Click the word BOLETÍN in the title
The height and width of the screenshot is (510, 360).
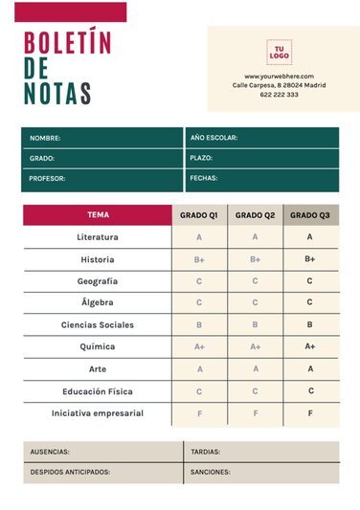pos(67,43)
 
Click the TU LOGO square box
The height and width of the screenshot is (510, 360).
pos(280,52)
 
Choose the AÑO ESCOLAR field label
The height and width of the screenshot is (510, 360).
pos(214,138)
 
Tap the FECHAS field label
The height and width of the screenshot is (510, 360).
pos(204,178)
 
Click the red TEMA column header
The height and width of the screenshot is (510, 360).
pos(98,215)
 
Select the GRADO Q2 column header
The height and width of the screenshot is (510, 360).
pos(256,215)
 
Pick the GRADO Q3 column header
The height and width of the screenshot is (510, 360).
pos(310,215)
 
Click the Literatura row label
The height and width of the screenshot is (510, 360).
pos(98,237)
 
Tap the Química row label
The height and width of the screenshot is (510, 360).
pos(98,347)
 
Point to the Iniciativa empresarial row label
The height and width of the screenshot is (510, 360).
pos(98,413)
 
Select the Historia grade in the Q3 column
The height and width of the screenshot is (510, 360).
pos(310,259)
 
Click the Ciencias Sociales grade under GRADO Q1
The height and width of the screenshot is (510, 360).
pos(199,325)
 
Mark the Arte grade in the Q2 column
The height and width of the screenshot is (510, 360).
pos(256,369)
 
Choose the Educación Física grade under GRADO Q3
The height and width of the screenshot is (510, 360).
pos(310,391)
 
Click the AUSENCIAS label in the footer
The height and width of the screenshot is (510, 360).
pos(50,452)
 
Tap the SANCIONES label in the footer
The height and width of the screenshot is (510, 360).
pos(210,472)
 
